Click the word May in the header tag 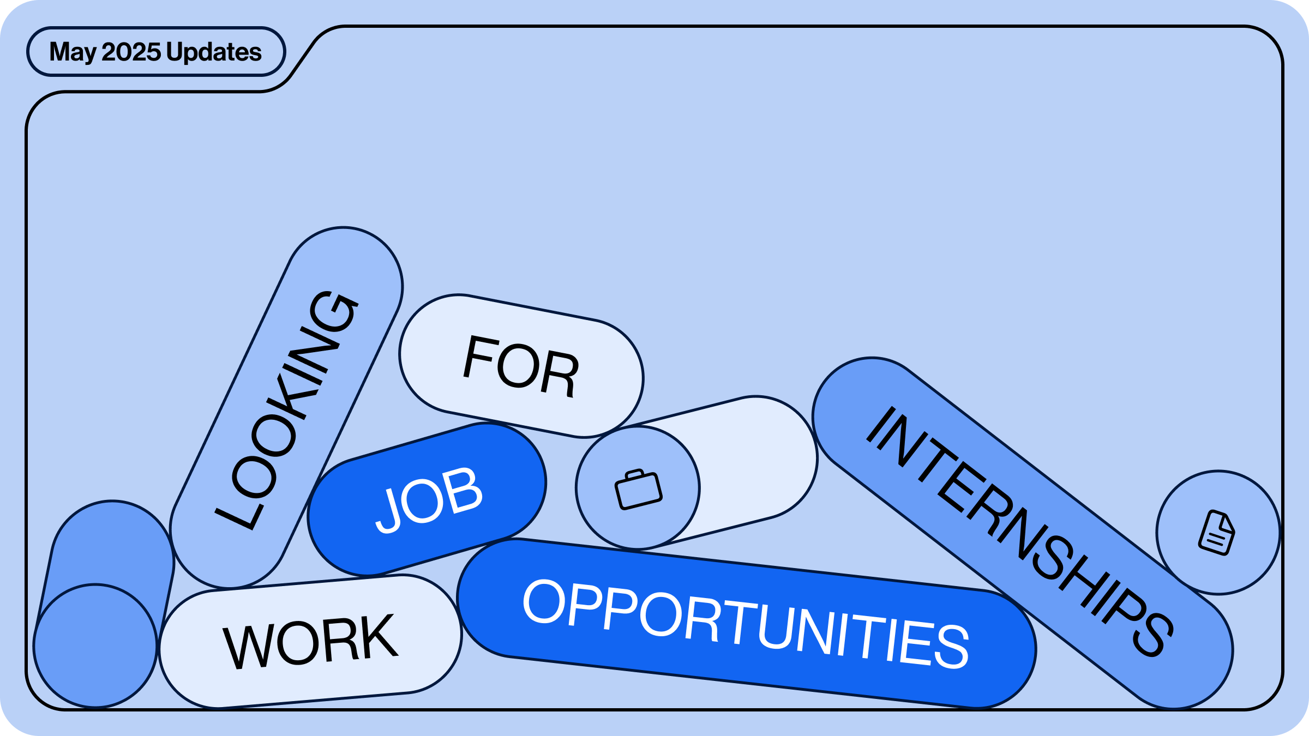pyautogui.click(x=73, y=53)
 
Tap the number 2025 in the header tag pyautogui.click(x=131, y=52)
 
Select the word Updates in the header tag pyautogui.click(x=214, y=53)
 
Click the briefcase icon pyautogui.click(x=638, y=489)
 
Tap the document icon pyautogui.click(x=1217, y=533)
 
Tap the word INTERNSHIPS pyautogui.click(x=1020, y=532)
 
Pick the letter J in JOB pyautogui.click(x=389, y=511)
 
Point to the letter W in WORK pyautogui.click(x=245, y=647)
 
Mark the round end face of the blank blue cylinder pyautogui.click(x=95, y=646)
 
